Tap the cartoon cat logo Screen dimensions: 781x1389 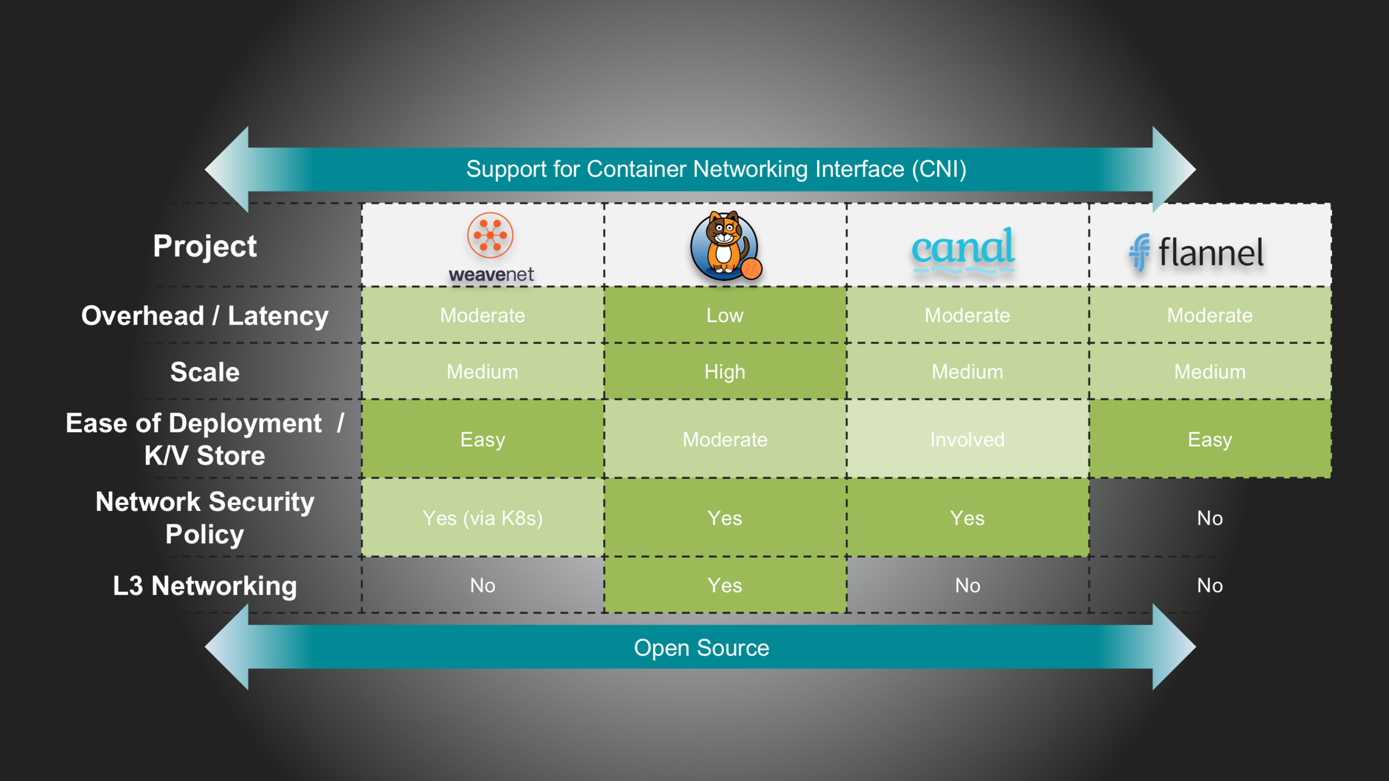click(x=725, y=246)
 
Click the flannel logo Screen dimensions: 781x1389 click(x=1196, y=252)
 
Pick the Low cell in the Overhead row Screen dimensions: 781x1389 click(x=725, y=315)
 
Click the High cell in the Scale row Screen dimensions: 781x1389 click(x=725, y=371)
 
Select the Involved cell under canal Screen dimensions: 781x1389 click(x=967, y=440)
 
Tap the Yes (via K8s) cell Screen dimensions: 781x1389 click(x=483, y=518)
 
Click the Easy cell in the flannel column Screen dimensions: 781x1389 click(x=1210, y=440)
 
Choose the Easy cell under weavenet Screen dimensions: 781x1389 click(x=483, y=440)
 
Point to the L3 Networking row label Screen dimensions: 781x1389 click(x=205, y=585)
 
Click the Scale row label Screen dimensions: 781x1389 click(x=205, y=371)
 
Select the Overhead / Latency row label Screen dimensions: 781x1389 click(x=205, y=315)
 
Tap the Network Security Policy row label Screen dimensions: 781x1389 click(x=205, y=518)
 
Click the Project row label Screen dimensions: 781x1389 click(x=205, y=246)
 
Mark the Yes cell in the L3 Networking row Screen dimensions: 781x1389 click(x=725, y=585)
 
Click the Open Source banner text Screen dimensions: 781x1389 click(x=701, y=648)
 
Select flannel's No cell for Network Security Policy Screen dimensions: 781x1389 click(x=1210, y=518)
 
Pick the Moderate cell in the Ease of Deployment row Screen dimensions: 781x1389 click(x=725, y=440)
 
